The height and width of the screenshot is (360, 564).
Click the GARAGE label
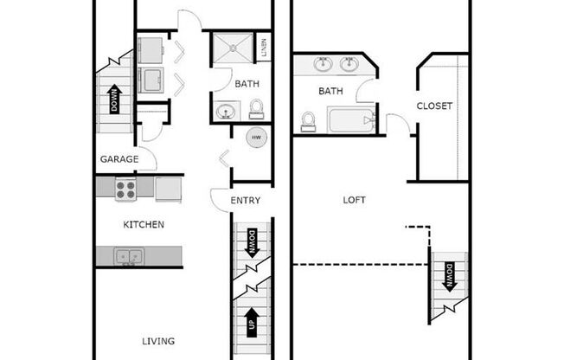coord(119,159)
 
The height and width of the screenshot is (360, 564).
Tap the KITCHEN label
coord(143,224)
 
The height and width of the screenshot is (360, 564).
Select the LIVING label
coord(158,340)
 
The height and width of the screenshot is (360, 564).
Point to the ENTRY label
coord(245,201)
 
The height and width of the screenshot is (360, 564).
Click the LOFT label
coord(354,200)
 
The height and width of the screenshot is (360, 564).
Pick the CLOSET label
coord(434,106)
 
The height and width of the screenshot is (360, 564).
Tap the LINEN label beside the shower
coord(264,46)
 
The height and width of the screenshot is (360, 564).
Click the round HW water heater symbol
coord(256,138)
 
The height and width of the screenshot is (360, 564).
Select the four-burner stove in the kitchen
coord(125,189)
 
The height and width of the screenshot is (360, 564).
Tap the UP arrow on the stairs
coord(252,320)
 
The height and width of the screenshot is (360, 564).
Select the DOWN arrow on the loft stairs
coord(449,278)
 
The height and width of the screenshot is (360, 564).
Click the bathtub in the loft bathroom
coord(351,119)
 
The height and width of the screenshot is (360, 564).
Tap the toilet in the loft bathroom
coord(309,121)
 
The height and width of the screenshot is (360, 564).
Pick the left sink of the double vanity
coord(323,63)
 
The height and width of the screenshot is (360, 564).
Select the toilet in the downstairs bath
coord(256,109)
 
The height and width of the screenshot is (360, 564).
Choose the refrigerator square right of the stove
coord(168,189)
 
